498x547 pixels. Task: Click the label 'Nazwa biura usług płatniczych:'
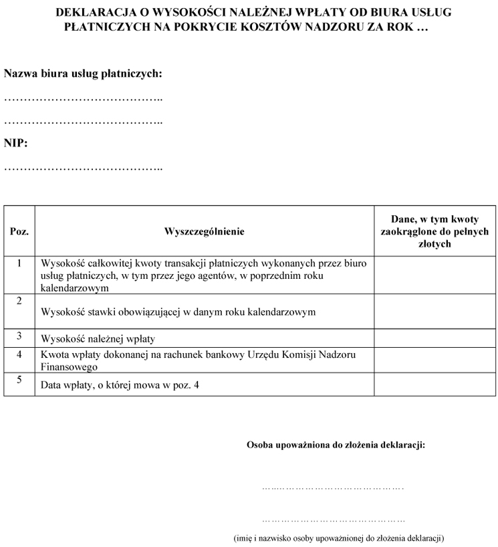(x=83, y=74)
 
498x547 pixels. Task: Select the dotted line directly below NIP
(x=83, y=168)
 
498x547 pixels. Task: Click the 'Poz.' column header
(x=19, y=231)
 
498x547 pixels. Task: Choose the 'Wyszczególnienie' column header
(x=204, y=231)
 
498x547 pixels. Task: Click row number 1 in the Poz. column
(x=19, y=263)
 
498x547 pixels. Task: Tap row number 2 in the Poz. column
(x=19, y=300)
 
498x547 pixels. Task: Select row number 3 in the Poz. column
(x=19, y=335)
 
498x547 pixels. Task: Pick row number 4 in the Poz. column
(x=19, y=354)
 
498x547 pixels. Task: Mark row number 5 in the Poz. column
(x=19, y=380)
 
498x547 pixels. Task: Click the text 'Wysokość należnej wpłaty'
(x=98, y=338)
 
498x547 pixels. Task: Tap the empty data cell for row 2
(x=434, y=311)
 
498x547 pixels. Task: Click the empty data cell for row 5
(x=434, y=385)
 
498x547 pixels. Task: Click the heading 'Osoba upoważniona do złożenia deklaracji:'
(x=336, y=444)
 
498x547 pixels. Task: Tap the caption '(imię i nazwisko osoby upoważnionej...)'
(x=339, y=538)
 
